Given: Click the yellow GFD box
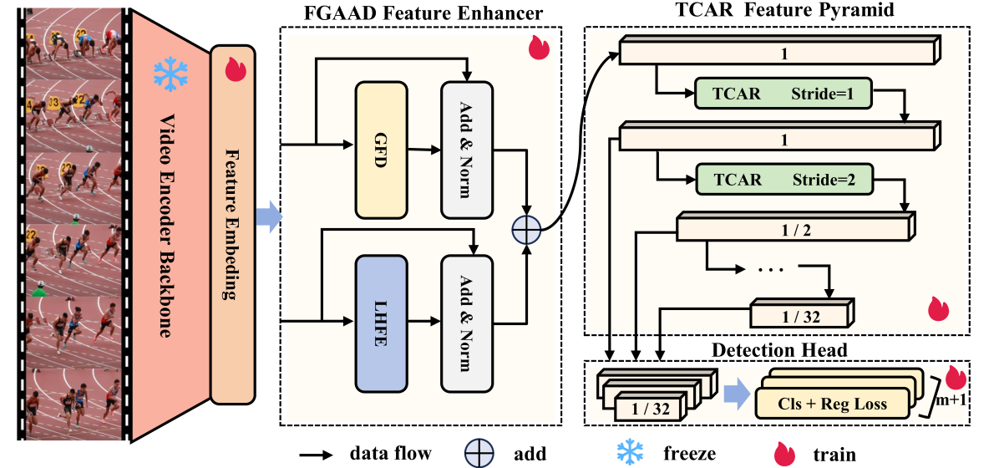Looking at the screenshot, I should [380, 149].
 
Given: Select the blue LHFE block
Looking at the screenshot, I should [380, 323].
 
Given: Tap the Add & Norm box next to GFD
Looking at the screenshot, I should [467, 149].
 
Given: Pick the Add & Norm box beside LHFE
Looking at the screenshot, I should [467, 323].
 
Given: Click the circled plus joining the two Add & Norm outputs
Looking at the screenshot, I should [526, 228].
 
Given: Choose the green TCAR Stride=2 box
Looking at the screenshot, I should [783, 179].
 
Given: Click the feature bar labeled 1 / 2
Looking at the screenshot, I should [794, 230].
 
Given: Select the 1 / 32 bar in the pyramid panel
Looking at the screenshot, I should [801, 316].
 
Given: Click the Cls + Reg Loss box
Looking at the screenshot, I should [832, 404].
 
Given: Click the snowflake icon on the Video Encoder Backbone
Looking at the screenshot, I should [170, 74].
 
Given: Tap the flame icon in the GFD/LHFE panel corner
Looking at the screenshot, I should [538, 48].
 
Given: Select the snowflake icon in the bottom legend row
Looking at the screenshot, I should [631, 452].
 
